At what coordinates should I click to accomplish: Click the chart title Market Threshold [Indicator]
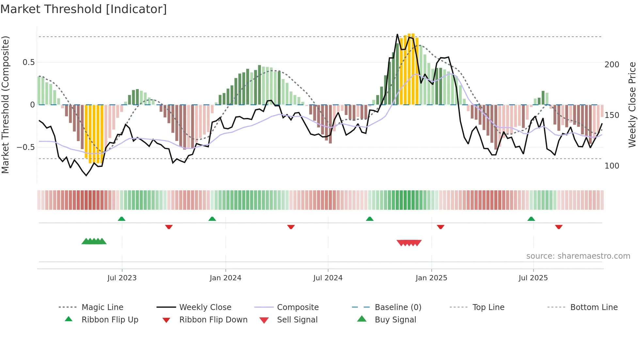pyautogui.click(x=84, y=9)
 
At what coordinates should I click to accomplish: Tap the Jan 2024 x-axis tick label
pyautogui.click(x=225, y=278)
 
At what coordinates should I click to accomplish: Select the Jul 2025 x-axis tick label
pyautogui.click(x=533, y=278)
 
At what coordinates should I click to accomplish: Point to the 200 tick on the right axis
pyautogui.click(x=612, y=65)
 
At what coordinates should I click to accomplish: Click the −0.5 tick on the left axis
pyautogui.click(x=25, y=147)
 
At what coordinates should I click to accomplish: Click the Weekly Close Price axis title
pyautogui.click(x=632, y=105)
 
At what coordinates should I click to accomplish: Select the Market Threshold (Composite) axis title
pyautogui.click(x=5, y=105)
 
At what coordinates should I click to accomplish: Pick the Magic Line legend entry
pyautogui.click(x=102, y=307)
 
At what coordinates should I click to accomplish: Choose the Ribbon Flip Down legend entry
pyautogui.click(x=213, y=320)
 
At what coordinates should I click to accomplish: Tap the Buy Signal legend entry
pyautogui.click(x=395, y=320)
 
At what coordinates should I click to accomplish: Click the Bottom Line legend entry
pyautogui.click(x=594, y=307)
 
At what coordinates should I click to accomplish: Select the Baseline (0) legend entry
pyautogui.click(x=398, y=307)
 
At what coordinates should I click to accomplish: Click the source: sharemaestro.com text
pyautogui.click(x=578, y=256)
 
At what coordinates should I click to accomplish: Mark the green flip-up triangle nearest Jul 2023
pyautogui.click(x=121, y=219)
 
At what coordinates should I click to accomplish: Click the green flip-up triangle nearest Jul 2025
pyautogui.click(x=531, y=219)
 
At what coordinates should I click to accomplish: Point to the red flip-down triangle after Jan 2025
pyautogui.click(x=440, y=227)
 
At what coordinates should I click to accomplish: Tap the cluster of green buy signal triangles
pyautogui.click(x=94, y=241)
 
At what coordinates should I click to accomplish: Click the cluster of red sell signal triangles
pyautogui.click(x=409, y=243)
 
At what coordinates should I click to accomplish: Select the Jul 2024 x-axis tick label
pyautogui.click(x=328, y=278)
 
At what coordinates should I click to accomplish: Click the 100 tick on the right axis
pyautogui.click(x=612, y=166)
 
